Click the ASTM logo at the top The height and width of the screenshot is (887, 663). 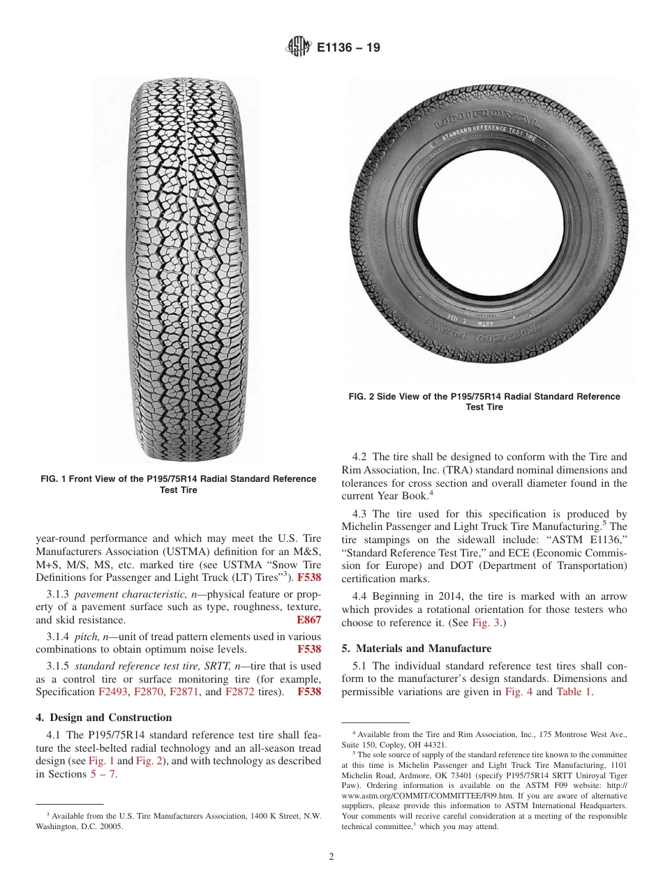coord(299,48)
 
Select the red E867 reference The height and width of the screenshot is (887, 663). coord(308,619)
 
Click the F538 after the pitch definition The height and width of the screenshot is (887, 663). coord(308,649)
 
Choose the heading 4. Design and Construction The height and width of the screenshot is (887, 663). coord(103,718)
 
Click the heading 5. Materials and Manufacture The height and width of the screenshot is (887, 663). coord(416,649)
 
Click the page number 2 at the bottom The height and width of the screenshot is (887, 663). coord(331,857)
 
